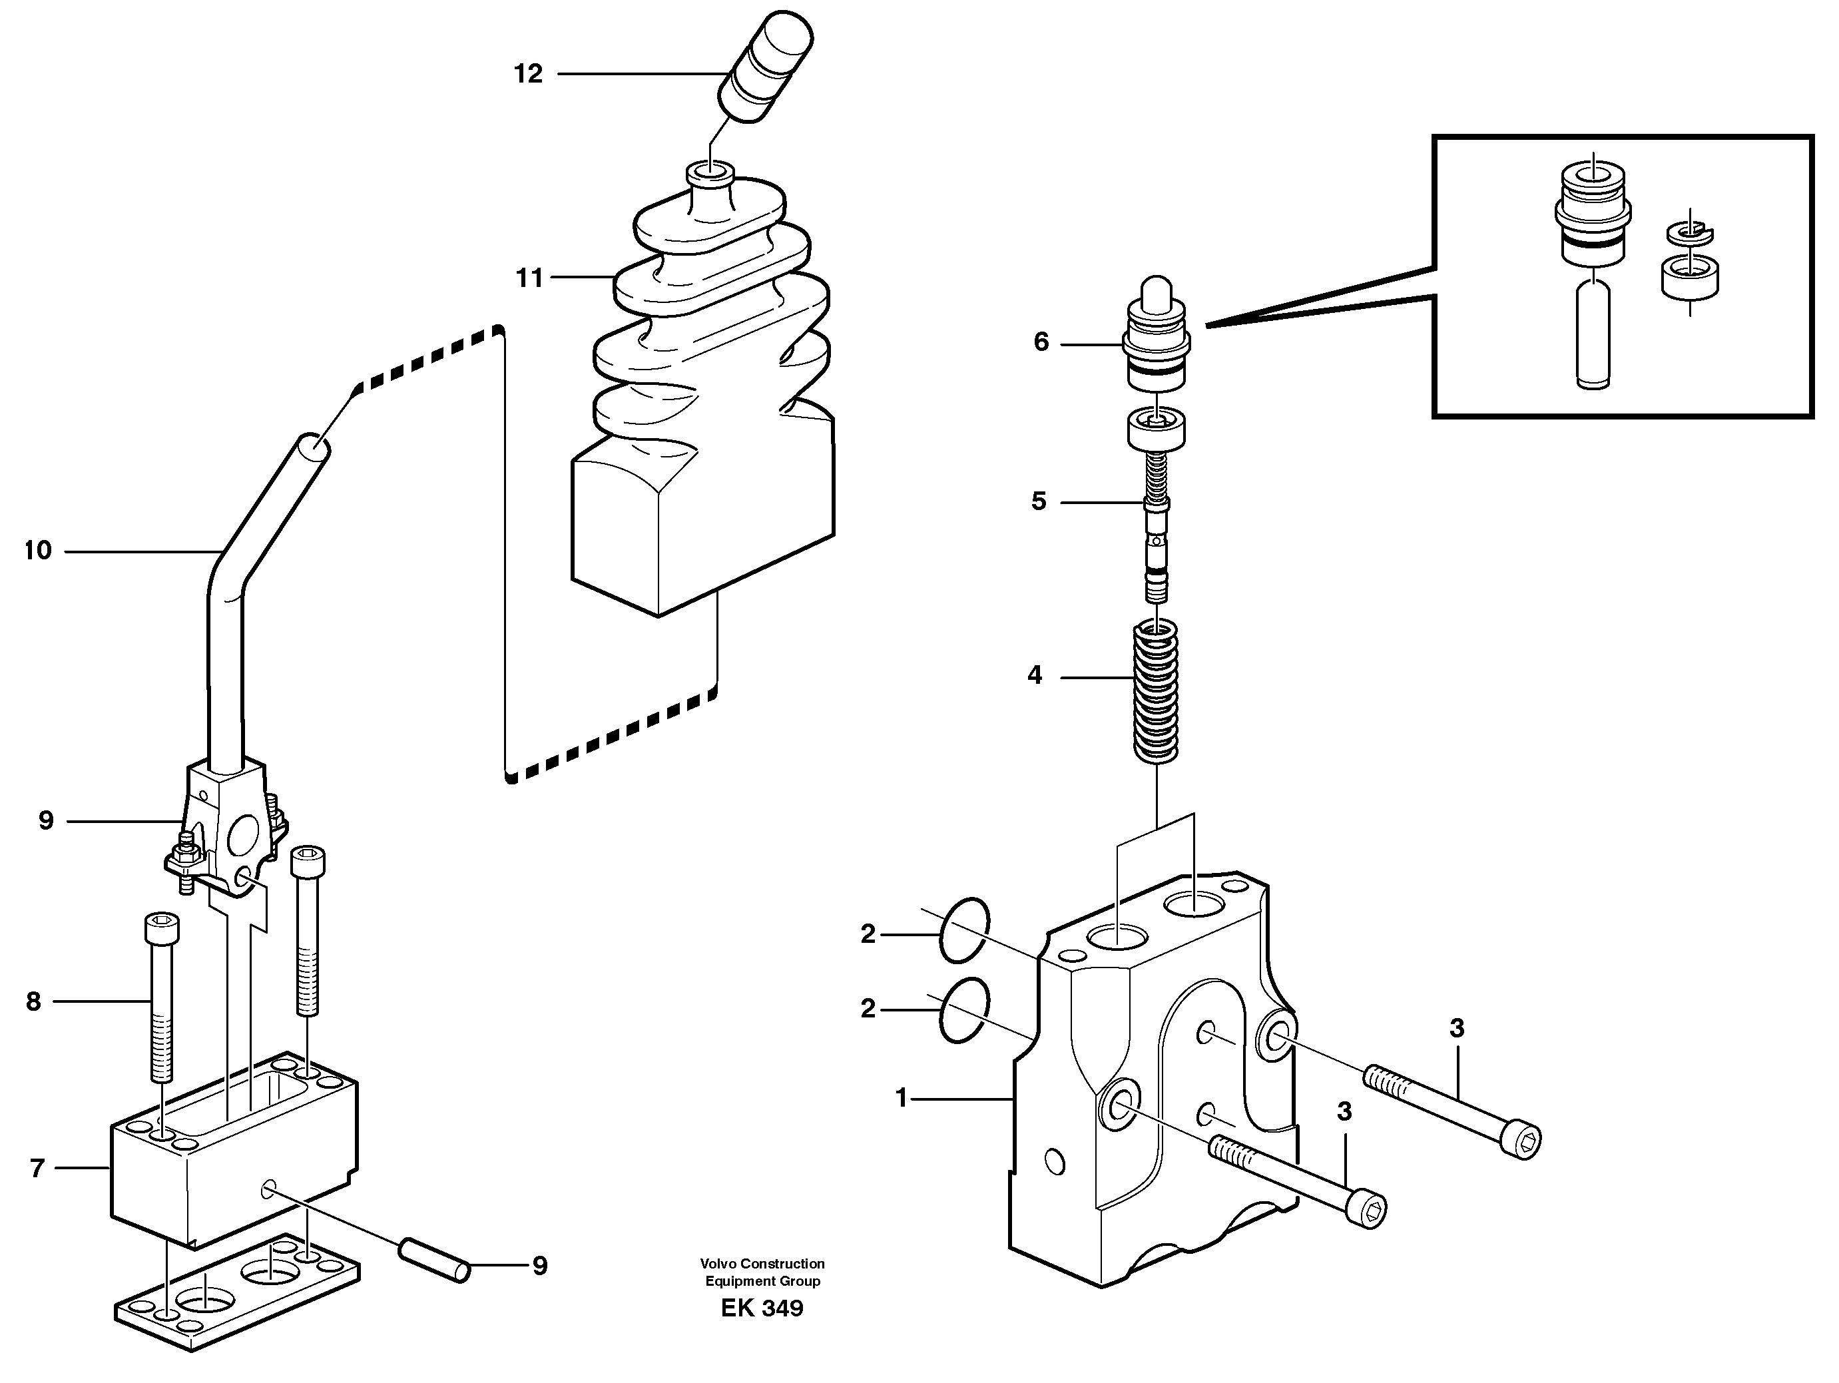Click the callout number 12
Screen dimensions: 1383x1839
(x=528, y=74)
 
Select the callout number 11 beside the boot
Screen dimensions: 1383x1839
(x=529, y=278)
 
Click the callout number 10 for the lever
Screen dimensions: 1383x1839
(x=38, y=551)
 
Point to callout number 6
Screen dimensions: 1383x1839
(x=1041, y=342)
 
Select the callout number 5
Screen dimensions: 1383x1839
(x=1039, y=501)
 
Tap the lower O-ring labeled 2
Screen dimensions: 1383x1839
(x=964, y=1009)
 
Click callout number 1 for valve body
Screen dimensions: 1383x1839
(x=902, y=1099)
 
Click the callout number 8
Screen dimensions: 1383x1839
(x=33, y=1001)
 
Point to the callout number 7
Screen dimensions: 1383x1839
(x=37, y=1169)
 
